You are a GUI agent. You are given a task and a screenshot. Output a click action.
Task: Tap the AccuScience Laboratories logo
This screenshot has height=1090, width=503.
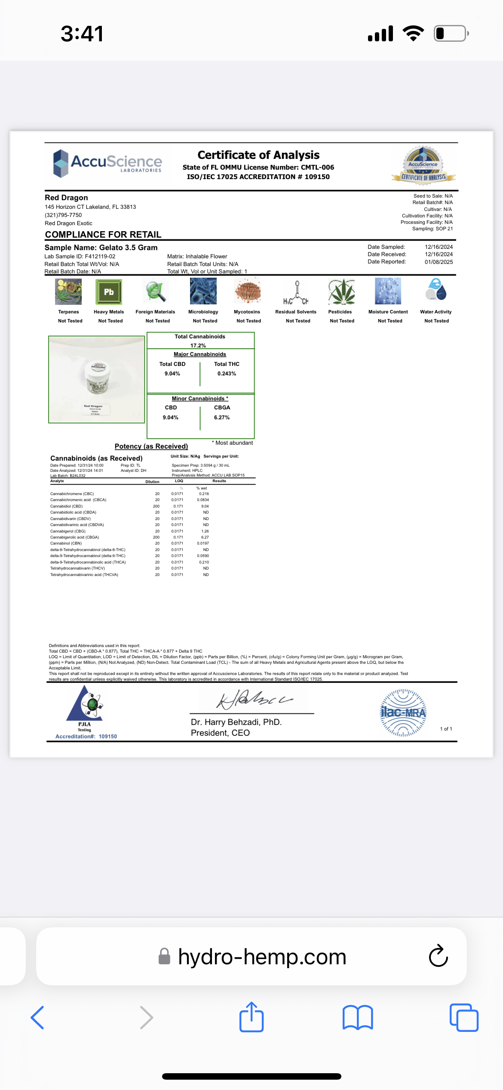pyautogui.click(x=107, y=163)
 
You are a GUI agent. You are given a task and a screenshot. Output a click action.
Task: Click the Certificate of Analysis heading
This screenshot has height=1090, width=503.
pyautogui.click(x=258, y=155)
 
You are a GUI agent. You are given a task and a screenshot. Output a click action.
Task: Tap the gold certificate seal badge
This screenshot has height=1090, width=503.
pyautogui.click(x=423, y=166)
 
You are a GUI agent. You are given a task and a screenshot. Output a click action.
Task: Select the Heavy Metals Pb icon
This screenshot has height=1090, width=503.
pyautogui.click(x=109, y=292)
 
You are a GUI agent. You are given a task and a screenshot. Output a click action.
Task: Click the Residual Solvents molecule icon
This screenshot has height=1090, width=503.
pyautogui.click(x=296, y=293)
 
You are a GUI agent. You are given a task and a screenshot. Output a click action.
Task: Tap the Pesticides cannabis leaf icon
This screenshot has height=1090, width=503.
pyautogui.click(x=341, y=292)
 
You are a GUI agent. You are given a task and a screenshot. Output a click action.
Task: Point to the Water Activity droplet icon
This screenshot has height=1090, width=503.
pyautogui.click(x=436, y=289)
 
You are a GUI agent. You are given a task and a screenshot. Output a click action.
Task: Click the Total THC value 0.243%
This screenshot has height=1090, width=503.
pyautogui.click(x=227, y=374)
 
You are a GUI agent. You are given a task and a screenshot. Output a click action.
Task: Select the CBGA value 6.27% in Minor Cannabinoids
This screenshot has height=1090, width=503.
pyautogui.click(x=222, y=418)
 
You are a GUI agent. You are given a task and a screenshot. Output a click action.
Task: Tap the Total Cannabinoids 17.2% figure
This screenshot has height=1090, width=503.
pyautogui.click(x=198, y=345)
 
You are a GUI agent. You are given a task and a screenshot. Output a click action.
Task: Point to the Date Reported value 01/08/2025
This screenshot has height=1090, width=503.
pyautogui.click(x=439, y=262)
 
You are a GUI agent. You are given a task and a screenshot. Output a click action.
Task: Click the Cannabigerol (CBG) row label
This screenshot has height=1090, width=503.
pyautogui.click(x=68, y=531)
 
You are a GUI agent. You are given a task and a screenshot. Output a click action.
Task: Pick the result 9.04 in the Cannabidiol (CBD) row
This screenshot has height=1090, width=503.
pyautogui.click(x=205, y=506)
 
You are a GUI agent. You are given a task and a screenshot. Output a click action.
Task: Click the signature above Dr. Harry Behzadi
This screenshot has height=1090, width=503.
pyautogui.click(x=254, y=700)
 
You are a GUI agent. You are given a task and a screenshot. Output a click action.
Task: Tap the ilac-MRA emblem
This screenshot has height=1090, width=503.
pyautogui.click(x=403, y=713)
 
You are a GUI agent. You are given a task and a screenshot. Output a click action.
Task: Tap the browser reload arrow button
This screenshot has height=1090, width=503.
pyautogui.click(x=439, y=956)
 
